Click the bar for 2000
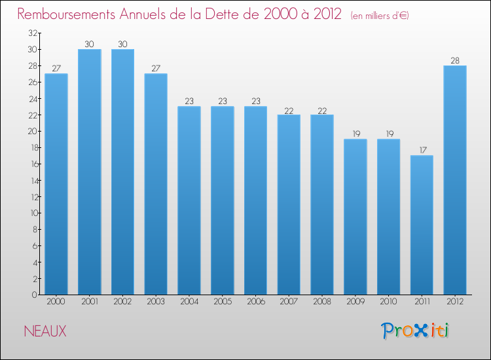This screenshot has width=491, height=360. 56,184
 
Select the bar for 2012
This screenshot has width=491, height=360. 455,180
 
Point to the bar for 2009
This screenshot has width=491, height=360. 355,217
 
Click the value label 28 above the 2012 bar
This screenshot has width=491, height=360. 455,60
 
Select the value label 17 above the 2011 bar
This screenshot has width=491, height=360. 422,150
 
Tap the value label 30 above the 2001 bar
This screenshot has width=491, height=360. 90,44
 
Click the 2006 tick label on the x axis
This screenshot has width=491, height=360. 255,302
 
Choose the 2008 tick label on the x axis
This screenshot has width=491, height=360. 322,302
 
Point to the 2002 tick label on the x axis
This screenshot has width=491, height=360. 122,302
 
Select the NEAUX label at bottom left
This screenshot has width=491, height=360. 45,331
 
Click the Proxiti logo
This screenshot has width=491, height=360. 415,331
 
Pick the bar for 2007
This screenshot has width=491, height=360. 289,204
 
